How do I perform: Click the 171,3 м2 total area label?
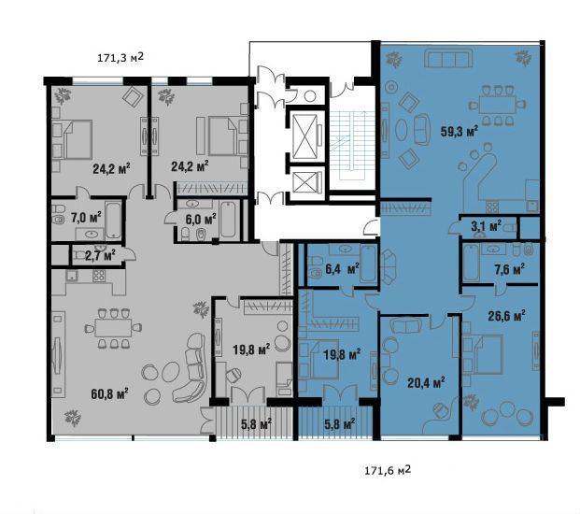120,58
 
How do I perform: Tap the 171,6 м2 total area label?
388,470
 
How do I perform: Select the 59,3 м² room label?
460,131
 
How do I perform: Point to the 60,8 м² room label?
109,393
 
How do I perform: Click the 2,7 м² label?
100,255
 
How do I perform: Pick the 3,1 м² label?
486,226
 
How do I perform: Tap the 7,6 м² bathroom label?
509,269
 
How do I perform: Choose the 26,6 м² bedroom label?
507,317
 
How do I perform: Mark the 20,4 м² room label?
426,383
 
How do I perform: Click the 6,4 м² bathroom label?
342,269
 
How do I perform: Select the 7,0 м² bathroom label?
86,218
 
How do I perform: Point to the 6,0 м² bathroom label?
201,220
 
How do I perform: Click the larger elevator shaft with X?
304,136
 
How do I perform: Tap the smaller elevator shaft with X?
304,183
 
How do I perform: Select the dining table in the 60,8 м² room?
113,328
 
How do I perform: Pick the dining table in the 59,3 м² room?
498,105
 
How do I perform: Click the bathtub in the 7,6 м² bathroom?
472,263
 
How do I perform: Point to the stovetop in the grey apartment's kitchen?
99,276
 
